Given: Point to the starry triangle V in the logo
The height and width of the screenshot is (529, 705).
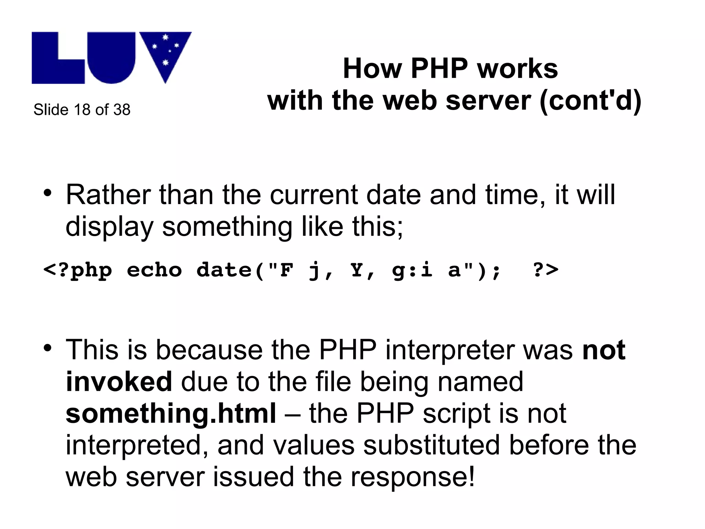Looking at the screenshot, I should tap(166, 52).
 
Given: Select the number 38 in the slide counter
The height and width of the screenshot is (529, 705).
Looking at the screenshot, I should tap(122, 110).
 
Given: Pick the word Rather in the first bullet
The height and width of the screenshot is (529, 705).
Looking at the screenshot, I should tap(108, 195).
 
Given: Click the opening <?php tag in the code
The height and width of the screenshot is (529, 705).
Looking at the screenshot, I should tap(78, 270).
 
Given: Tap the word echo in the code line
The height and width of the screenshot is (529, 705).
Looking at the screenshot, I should tap(154, 270).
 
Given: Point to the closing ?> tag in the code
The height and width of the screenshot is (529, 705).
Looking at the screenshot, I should tap(546, 270).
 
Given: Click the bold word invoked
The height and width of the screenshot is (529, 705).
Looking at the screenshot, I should tap(119, 382).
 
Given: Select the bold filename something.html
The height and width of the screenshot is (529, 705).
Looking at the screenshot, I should tap(171, 413).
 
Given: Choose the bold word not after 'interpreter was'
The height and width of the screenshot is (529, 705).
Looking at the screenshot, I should tap(604, 350).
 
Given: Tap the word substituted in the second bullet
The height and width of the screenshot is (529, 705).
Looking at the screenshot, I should tap(431, 445).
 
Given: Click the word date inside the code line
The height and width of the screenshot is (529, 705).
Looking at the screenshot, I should tap(224, 270).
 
